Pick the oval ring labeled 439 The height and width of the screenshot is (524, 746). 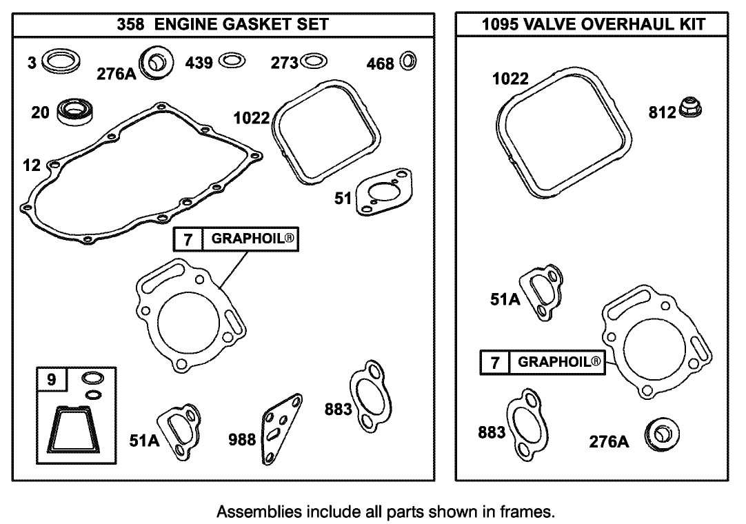[232, 61]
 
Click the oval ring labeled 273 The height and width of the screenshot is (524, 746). [312, 62]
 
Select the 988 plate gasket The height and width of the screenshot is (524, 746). [281, 428]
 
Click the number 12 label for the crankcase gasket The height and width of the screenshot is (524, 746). [31, 165]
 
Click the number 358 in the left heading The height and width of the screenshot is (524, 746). [131, 25]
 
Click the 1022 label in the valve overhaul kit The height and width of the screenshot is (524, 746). [510, 79]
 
